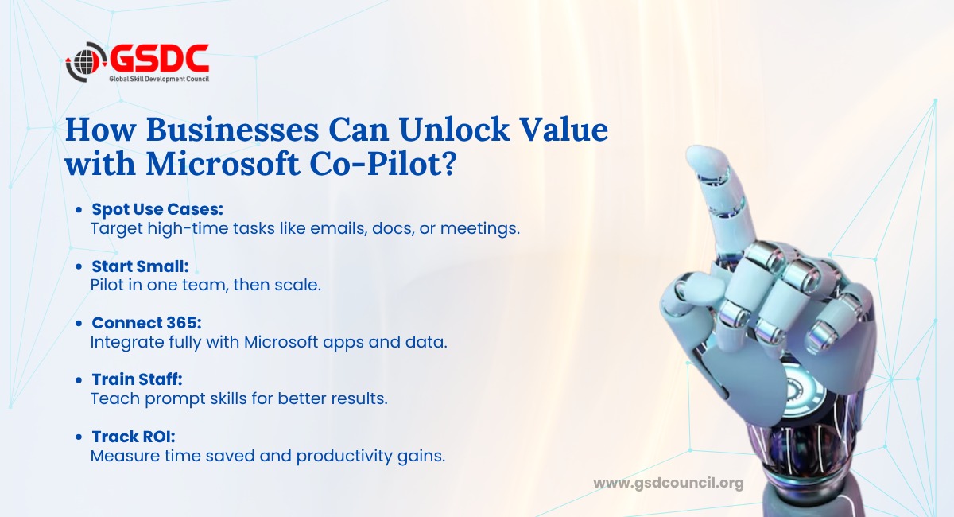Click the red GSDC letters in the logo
tap(160, 58)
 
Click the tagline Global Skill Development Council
tap(159, 79)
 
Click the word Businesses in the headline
tap(232, 130)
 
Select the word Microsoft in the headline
tap(223, 164)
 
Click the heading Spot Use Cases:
tap(157, 209)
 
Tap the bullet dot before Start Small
tap(79, 266)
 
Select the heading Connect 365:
tap(146, 323)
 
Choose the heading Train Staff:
tap(137, 379)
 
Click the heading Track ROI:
tap(134, 437)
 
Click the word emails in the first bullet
tap(339, 229)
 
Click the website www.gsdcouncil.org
tap(669, 484)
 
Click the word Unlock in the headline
tap(455, 130)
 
